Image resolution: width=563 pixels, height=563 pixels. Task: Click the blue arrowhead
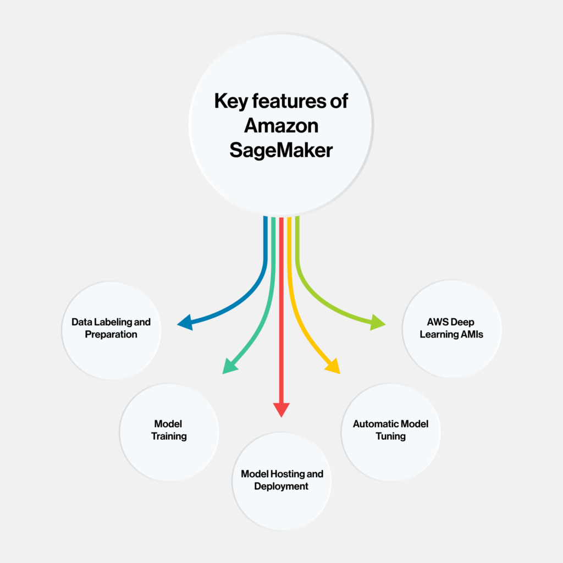[186, 322]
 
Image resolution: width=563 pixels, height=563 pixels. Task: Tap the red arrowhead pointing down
[281, 409]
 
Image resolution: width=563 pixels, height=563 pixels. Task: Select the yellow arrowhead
[334, 366]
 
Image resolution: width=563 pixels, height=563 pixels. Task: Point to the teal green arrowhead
[229, 366]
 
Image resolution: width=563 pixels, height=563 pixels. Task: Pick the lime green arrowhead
[377, 322]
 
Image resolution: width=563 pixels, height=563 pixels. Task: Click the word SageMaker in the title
[281, 150]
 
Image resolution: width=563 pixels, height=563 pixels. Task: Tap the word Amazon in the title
[281, 126]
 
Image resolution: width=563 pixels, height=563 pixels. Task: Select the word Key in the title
[231, 102]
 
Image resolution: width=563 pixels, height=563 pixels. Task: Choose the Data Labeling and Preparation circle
[111, 330]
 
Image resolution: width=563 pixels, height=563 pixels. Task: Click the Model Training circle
[169, 432]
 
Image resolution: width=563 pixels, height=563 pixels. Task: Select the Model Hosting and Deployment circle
[281, 481]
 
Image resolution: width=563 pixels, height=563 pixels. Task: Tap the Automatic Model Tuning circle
[391, 432]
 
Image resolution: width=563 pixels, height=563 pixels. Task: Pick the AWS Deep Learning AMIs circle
[452, 329]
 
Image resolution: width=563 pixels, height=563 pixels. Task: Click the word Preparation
[111, 335]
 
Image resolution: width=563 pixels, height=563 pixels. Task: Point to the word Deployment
[281, 487]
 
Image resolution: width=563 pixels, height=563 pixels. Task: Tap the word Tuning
[391, 436]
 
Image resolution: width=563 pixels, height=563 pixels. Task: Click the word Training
[169, 436]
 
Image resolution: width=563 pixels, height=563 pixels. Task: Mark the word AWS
[436, 322]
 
